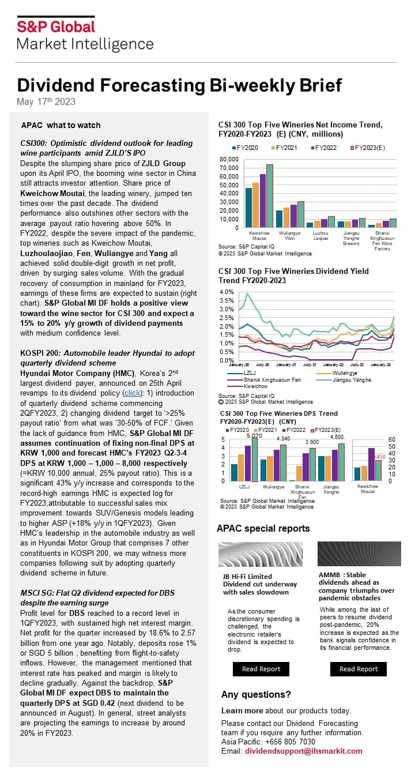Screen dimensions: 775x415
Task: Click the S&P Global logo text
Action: point(56,26)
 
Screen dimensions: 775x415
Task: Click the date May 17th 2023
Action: point(46,101)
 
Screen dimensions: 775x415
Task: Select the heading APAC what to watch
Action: point(61,125)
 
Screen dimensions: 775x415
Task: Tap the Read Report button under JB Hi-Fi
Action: point(261,669)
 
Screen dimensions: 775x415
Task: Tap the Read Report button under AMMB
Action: point(359,669)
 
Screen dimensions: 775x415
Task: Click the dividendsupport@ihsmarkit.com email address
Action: point(304,751)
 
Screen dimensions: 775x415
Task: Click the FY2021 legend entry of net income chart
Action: point(283,148)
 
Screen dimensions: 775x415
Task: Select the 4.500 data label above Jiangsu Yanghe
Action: point(337,437)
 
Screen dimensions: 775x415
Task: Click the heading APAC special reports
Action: point(263,528)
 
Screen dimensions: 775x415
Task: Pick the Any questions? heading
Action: point(256,694)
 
